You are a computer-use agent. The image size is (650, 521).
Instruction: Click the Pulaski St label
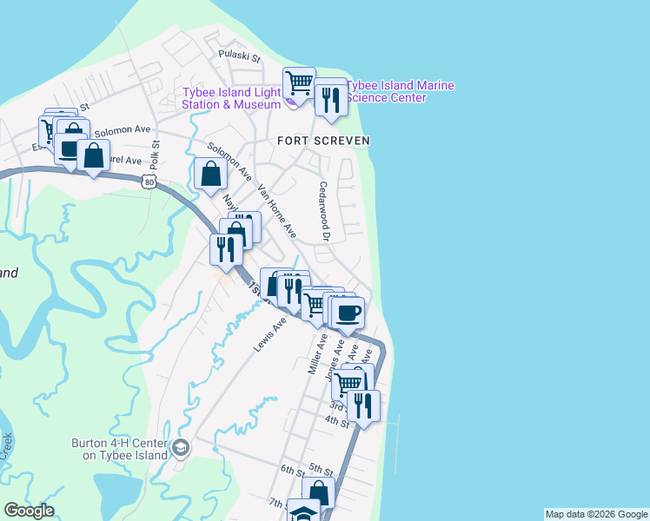coord(240,56)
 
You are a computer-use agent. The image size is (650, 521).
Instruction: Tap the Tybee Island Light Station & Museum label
coord(230,98)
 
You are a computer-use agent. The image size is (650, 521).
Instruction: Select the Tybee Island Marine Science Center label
coord(399,92)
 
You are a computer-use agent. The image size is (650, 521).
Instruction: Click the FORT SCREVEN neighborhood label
coord(323,140)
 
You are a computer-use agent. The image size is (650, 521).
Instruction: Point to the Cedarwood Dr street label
coord(325,211)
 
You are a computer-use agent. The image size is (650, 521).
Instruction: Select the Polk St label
coord(154,155)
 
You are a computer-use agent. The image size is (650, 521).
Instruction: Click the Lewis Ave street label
coord(270,335)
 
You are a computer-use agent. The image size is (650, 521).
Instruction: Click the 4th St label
coord(336,422)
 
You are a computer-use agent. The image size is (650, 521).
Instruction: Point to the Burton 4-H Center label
coord(122,448)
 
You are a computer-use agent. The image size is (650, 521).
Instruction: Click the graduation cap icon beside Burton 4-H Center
coord(181,448)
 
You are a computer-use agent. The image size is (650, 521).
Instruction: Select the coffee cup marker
coord(348,313)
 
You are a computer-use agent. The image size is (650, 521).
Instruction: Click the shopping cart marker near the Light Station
coord(299,83)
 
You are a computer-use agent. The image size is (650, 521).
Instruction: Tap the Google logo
coord(29,511)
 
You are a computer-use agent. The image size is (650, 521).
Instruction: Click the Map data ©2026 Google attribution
coord(596,514)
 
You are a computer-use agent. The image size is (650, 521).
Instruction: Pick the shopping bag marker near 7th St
coord(319,493)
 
